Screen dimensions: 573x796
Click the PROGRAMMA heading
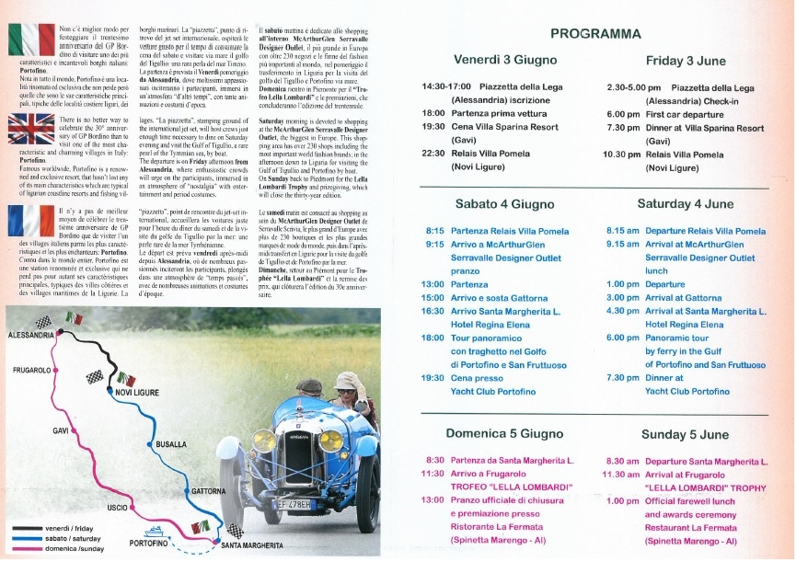595,34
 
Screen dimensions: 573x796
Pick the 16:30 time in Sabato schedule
433,311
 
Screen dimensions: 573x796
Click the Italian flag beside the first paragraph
32,40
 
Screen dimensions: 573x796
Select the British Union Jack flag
32,127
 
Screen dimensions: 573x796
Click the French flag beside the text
32,223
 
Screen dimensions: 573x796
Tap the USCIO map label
117,508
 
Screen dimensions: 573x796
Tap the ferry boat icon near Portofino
155,531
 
